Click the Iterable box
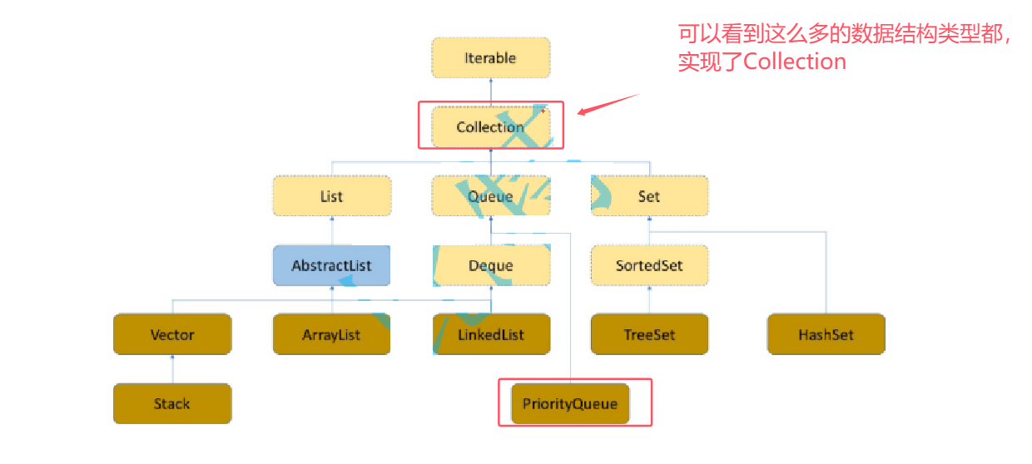(x=490, y=58)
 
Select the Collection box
(x=490, y=127)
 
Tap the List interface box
(x=331, y=196)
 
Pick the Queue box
(x=490, y=196)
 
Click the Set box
(x=649, y=196)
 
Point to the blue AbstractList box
(x=331, y=266)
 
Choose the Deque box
(x=490, y=266)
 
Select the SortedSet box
(x=649, y=266)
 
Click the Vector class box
(x=172, y=335)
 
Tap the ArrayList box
(x=331, y=335)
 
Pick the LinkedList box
(x=490, y=335)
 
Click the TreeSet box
(x=649, y=335)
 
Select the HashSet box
(x=826, y=335)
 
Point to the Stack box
(x=172, y=404)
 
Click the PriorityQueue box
(x=570, y=404)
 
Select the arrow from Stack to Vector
(x=172, y=369)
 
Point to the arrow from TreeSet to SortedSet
(x=649, y=300)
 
